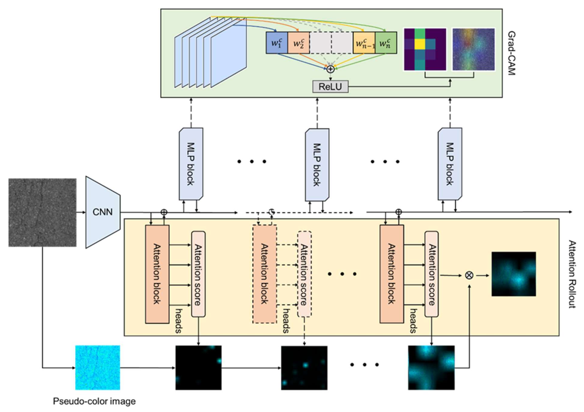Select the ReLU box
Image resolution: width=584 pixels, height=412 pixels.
point(330,86)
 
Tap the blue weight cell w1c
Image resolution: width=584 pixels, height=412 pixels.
point(277,43)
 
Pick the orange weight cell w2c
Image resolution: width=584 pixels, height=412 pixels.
point(299,43)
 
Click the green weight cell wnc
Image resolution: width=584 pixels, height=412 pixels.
point(386,43)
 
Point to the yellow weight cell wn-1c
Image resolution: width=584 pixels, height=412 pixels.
point(364,43)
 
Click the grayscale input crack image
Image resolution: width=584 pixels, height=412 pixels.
point(42,212)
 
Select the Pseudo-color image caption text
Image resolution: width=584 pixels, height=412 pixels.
point(94,401)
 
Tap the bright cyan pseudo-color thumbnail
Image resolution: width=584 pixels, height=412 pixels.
point(98,368)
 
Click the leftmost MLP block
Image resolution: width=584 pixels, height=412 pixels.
point(191,164)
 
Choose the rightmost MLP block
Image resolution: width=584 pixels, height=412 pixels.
point(450,164)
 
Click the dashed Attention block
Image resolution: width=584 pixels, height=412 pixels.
point(264,274)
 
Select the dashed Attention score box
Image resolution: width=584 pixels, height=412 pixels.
point(304,274)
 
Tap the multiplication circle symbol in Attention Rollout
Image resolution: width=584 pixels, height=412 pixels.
point(469,275)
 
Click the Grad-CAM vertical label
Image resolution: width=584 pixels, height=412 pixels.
point(511,53)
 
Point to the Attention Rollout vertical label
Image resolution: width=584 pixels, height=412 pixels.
point(572,274)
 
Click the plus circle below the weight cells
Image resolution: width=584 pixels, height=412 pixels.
point(331,69)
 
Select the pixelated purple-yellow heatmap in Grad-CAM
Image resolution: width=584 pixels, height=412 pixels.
point(425,49)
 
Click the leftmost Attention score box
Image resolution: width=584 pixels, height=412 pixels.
point(198,274)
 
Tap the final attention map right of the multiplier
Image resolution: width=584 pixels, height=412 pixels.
point(513,274)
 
